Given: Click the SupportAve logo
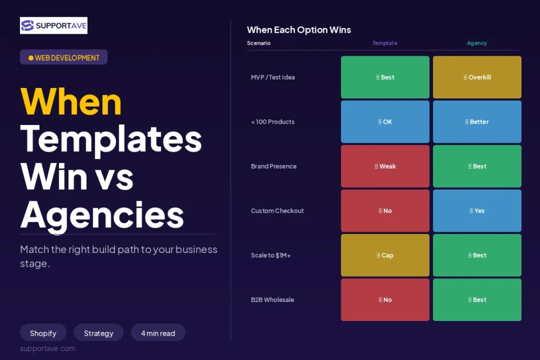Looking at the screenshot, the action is (x=54, y=25).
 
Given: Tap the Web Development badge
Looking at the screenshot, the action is (x=64, y=57).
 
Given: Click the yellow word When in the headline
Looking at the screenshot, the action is (x=71, y=102).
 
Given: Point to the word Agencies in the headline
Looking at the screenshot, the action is (x=102, y=215).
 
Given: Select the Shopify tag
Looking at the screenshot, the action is (x=43, y=333).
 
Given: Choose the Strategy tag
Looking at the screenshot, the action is (x=99, y=333).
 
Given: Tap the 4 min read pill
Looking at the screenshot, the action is (x=158, y=333).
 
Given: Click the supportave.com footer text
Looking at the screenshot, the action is (x=47, y=348).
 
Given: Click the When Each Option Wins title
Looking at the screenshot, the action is (x=299, y=30).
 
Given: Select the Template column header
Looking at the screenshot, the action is (x=384, y=43).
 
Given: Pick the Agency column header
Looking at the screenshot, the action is (x=477, y=43).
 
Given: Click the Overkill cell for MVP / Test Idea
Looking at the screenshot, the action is (x=477, y=77).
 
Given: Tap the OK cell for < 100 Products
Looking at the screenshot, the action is (x=385, y=121).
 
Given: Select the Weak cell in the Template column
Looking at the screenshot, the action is (x=385, y=166).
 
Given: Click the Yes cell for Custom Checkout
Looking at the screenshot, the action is (x=477, y=211).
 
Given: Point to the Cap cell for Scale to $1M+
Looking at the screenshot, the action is (x=385, y=255).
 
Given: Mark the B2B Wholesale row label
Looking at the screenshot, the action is (x=273, y=300).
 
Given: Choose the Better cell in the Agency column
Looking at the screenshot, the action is (x=477, y=121).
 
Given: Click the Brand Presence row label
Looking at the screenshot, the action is (x=274, y=166).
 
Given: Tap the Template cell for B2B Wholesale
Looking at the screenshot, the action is (x=385, y=300).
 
